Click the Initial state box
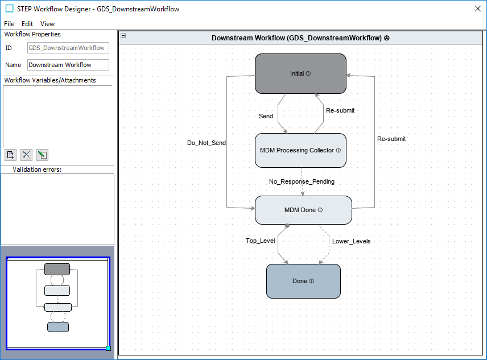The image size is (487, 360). click(x=300, y=73)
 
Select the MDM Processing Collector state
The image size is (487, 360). click(x=300, y=150)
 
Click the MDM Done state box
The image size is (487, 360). click(x=303, y=210)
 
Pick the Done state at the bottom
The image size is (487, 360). click(x=303, y=281)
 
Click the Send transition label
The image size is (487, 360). click(x=266, y=116)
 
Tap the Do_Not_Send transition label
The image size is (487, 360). click(x=207, y=143)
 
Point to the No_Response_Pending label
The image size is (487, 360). click(x=302, y=181)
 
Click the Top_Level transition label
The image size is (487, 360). click(x=260, y=241)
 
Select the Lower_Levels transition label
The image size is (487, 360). click(x=351, y=241)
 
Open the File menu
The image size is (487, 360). click(x=9, y=24)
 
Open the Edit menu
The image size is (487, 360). click(x=27, y=24)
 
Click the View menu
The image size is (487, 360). click(x=48, y=24)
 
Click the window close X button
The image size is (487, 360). click(x=478, y=9)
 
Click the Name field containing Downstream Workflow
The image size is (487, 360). click(x=68, y=65)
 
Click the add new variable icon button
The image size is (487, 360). click(x=10, y=155)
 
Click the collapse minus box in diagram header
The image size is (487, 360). click(x=123, y=36)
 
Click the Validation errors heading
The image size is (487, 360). click(x=36, y=169)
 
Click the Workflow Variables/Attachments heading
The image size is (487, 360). click(x=50, y=80)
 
